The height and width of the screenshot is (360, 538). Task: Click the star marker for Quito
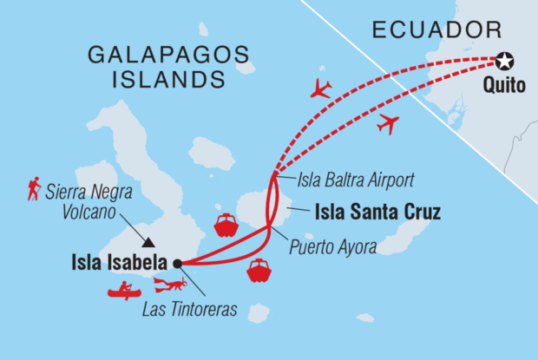tap(505, 61)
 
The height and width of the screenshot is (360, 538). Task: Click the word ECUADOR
tap(436, 30)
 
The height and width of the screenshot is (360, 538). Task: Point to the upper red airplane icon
tap(320, 88)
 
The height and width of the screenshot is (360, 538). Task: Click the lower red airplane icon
tap(387, 124)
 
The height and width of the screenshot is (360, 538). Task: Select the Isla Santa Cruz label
tap(368, 209)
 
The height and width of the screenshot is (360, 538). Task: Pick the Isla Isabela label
tap(121, 263)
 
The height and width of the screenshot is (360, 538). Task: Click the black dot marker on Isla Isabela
tap(177, 263)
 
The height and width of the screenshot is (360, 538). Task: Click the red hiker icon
tap(34, 189)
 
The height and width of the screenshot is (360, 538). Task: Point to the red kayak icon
tap(125, 291)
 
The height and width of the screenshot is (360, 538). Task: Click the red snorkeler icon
tap(170, 285)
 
